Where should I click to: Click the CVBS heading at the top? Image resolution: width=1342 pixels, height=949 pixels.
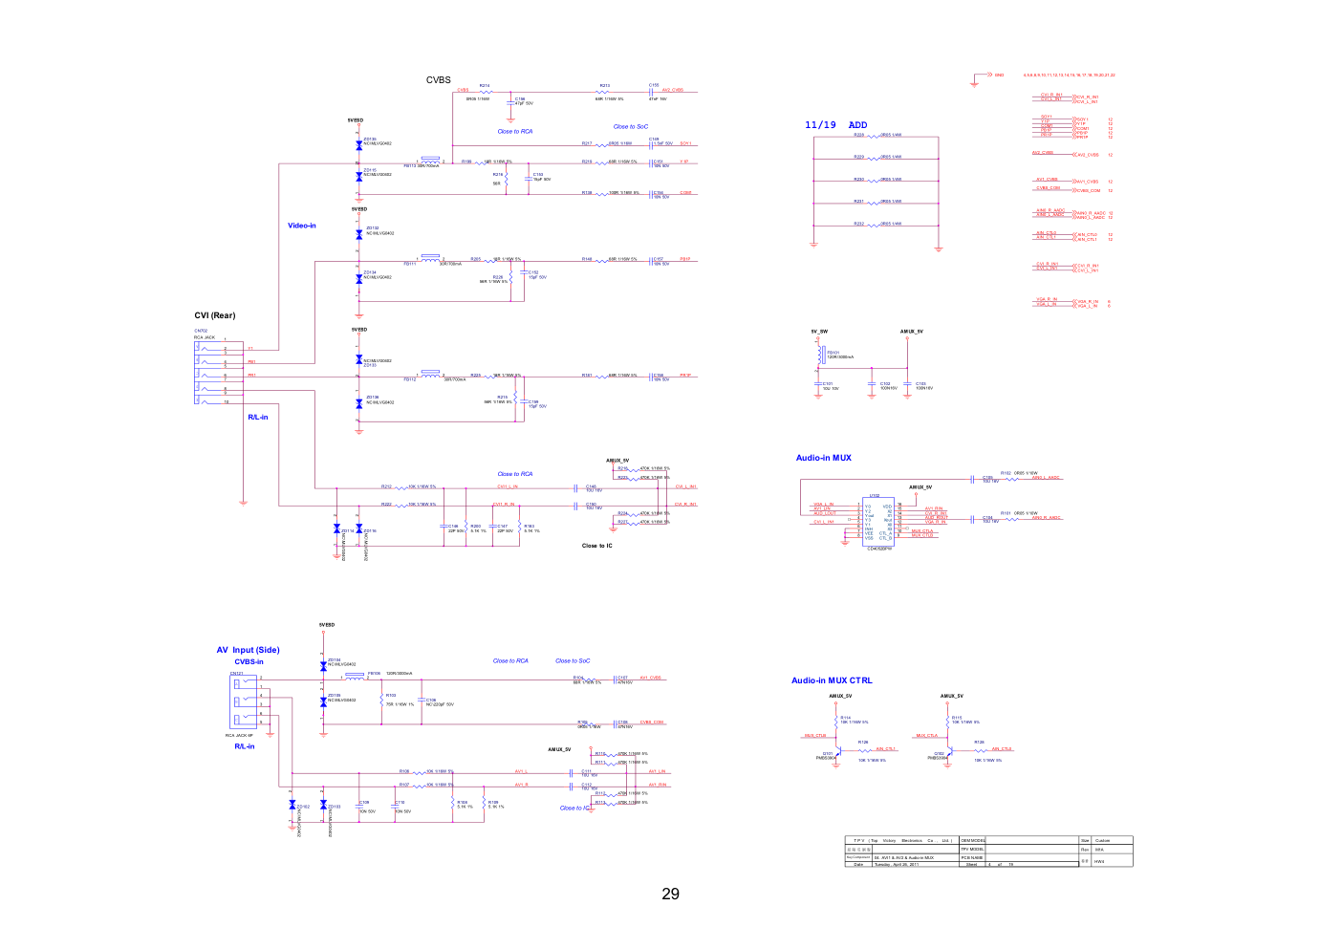click(x=438, y=80)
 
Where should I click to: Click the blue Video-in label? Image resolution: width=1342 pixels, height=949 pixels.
click(x=302, y=226)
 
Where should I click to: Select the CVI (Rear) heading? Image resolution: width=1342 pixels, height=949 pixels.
click(x=214, y=315)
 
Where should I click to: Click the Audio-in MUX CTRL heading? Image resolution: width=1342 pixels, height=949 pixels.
click(x=832, y=680)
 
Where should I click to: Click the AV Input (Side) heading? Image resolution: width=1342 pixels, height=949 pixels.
click(x=248, y=650)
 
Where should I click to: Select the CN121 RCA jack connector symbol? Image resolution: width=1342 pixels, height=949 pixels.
click(x=243, y=701)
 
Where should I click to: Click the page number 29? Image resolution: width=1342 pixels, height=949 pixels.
click(x=670, y=894)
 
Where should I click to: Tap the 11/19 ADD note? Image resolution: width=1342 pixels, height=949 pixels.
click(x=835, y=125)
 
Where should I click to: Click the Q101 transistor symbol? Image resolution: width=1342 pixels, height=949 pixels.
click(x=834, y=751)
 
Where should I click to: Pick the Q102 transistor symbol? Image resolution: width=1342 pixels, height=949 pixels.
click(x=945, y=751)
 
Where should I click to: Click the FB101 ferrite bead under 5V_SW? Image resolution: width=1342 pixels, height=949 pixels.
click(x=821, y=356)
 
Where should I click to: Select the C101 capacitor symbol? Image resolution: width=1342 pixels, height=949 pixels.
click(x=818, y=383)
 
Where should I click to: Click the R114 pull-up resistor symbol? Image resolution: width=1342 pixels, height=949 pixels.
click(x=836, y=721)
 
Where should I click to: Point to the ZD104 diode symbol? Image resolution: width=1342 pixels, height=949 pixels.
click(x=323, y=666)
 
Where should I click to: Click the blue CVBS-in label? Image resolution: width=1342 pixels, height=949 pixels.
click(x=249, y=661)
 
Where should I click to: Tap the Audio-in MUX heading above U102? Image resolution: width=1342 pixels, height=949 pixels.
click(x=823, y=458)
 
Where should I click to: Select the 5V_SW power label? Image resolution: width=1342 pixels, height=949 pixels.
click(x=819, y=332)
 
